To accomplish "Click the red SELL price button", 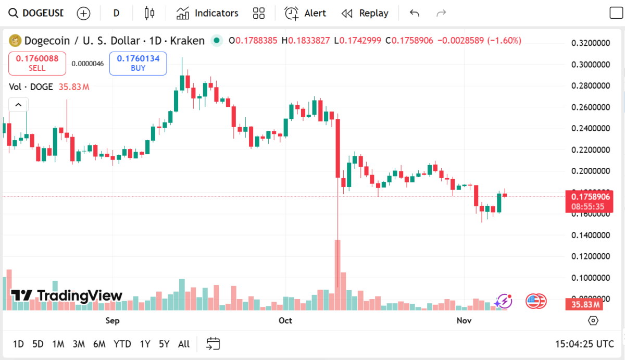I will pyautogui.click(x=37, y=63).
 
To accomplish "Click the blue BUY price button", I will pyautogui.click(x=138, y=63).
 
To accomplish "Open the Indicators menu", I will pyautogui.click(x=207, y=13).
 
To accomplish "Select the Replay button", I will pyautogui.click(x=365, y=13).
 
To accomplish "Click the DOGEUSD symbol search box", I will pyautogui.click(x=36, y=13).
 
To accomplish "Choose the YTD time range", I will pyautogui.click(x=122, y=344).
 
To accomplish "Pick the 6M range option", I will pyautogui.click(x=99, y=344).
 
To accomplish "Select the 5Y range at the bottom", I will pyautogui.click(x=164, y=344).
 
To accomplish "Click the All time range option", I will pyautogui.click(x=183, y=344).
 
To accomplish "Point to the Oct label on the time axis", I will pyautogui.click(x=285, y=320).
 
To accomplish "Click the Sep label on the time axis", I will pyautogui.click(x=113, y=320).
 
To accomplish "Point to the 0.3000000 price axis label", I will pyautogui.click(x=591, y=65).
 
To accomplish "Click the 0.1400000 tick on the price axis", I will pyautogui.click(x=591, y=235).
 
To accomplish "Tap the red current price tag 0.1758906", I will pyautogui.click(x=590, y=197).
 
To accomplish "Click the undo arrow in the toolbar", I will pyautogui.click(x=415, y=13).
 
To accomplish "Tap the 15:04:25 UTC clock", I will pyautogui.click(x=584, y=344).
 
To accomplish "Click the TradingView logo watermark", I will pyautogui.click(x=67, y=296).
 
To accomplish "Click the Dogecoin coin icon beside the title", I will pyautogui.click(x=15, y=41).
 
